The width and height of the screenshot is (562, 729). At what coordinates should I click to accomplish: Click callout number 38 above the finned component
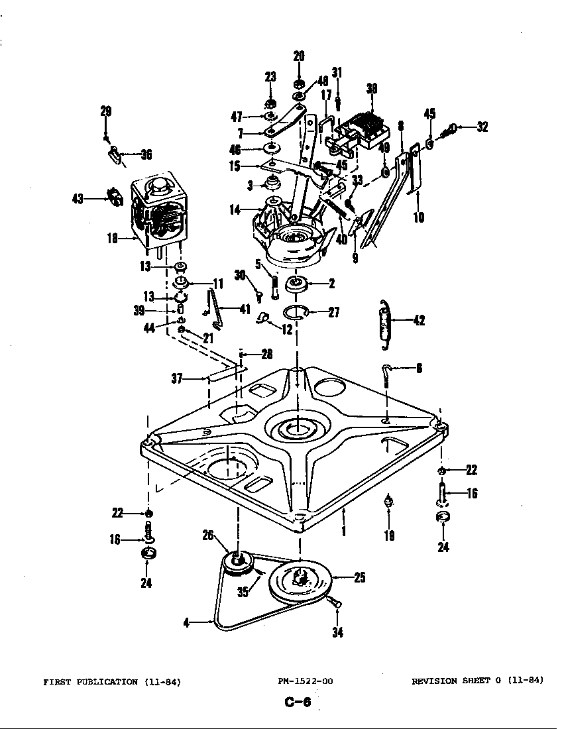click(x=372, y=89)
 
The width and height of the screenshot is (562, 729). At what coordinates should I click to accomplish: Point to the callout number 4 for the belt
click(x=186, y=622)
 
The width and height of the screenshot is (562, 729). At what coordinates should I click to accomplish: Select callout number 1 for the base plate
click(x=344, y=532)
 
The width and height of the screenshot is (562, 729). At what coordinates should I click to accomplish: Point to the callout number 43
click(x=78, y=197)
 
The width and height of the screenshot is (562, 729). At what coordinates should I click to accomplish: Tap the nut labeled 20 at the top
click(x=299, y=84)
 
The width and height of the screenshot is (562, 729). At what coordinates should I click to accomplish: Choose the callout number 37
click(x=178, y=379)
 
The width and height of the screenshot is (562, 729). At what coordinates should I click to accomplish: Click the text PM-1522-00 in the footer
click(x=306, y=681)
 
